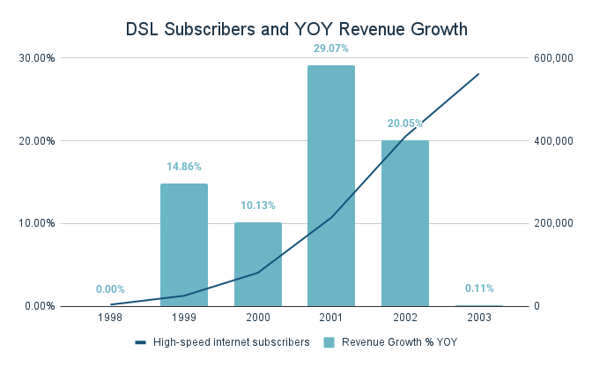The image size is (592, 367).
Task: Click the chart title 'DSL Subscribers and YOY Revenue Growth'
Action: point(296,29)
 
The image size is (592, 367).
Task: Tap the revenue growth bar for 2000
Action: point(257,264)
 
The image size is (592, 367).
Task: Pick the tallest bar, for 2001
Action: point(331,185)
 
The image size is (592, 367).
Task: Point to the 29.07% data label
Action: point(331,48)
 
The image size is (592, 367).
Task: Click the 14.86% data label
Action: point(184,166)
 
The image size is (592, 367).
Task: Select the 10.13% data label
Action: point(257,205)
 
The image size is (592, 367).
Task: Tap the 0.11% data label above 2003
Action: point(478,288)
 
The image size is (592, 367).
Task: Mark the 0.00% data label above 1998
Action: point(110,288)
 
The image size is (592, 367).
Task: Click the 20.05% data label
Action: point(405,124)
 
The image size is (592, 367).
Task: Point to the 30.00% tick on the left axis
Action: point(37,58)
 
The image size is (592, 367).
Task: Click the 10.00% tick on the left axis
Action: point(37,223)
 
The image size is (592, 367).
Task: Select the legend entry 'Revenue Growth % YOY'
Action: point(396,342)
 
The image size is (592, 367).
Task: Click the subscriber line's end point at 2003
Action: point(478,74)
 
